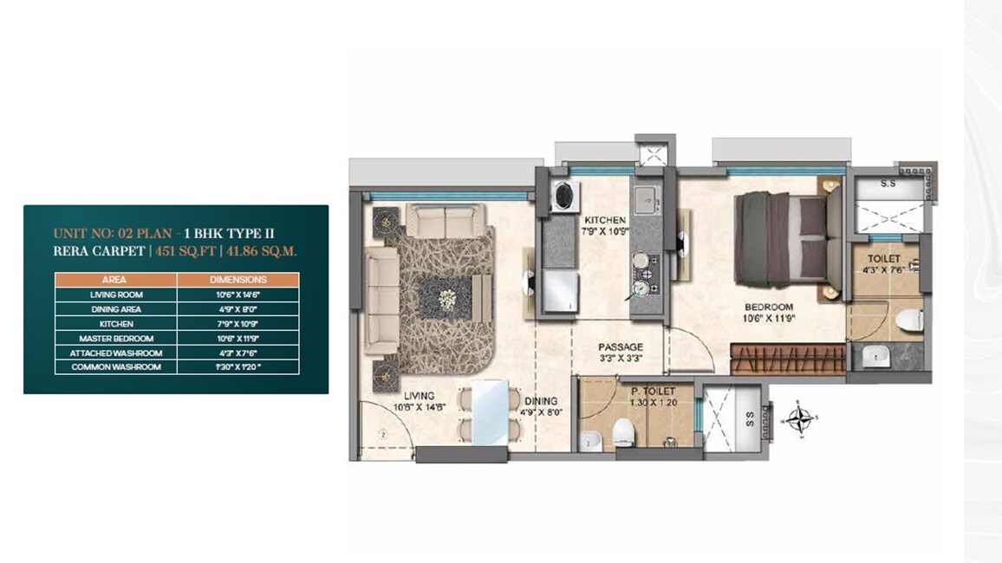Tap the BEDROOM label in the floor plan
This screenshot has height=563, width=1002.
click(x=768, y=307)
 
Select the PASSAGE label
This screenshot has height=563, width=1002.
click(x=620, y=347)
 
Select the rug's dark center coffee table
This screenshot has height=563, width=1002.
click(x=447, y=298)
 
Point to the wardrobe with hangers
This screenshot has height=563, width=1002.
click(x=787, y=359)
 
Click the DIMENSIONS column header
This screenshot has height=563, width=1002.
click(x=237, y=280)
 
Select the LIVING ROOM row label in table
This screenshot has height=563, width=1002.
click(x=116, y=294)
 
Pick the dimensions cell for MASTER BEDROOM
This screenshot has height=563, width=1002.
click(x=237, y=339)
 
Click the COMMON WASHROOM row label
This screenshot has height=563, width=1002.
click(x=116, y=367)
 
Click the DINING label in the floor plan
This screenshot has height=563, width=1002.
click(x=540, y=401)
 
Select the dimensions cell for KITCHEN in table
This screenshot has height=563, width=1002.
click(x=237, y=324)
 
